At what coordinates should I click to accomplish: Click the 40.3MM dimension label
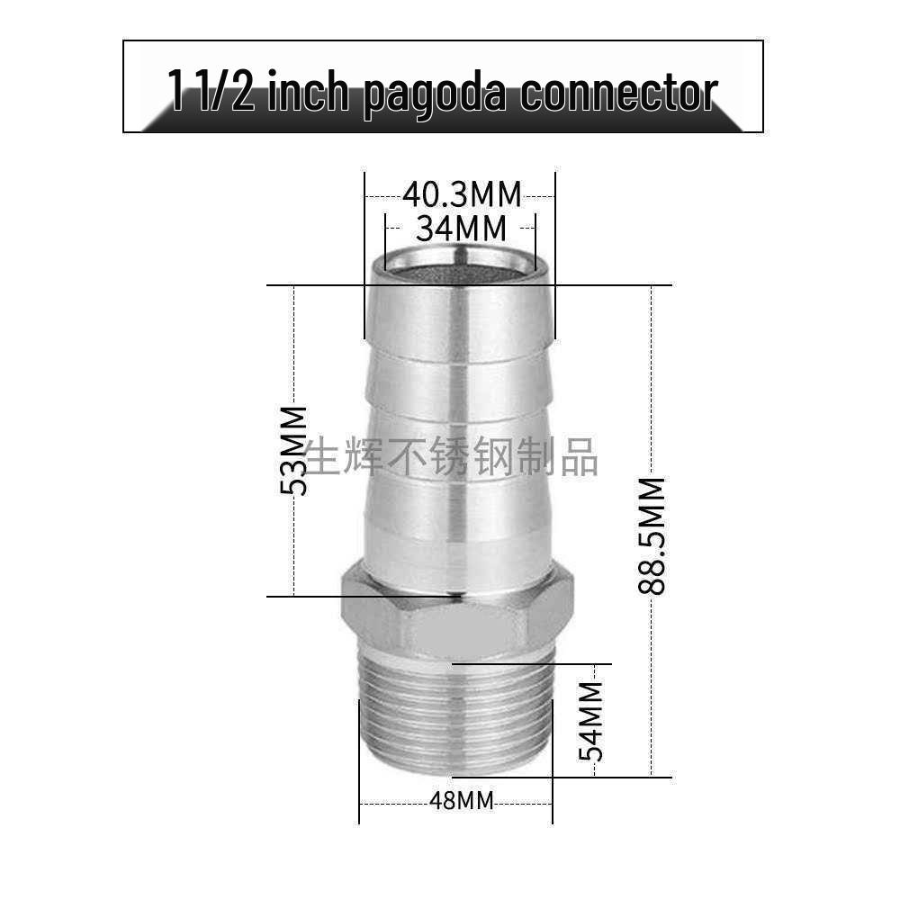(x=462, y=195)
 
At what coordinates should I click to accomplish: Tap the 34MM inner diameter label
(x=462, y=229)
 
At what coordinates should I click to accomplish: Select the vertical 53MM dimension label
(x=294, y=450)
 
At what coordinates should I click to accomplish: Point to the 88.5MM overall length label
(x=652, y=535)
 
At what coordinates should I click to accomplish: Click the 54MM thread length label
(x=591, y=721)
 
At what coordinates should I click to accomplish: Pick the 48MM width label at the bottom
(x=462, y=801)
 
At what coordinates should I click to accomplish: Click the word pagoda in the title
(x=436, y=93)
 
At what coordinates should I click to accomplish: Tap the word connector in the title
(x=619, y=93)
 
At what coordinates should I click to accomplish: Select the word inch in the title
(x=309, y=92)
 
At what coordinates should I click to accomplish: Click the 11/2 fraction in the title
(x=211, y=91)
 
